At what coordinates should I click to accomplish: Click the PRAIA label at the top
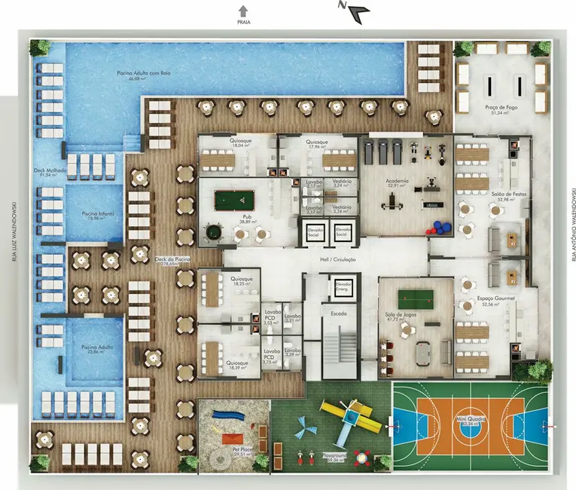(x=242, y=22)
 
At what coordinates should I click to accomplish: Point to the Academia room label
(x=397, y=182)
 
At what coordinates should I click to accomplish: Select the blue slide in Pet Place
(x=224, y=414)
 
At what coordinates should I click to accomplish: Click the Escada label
(x=337, y=310)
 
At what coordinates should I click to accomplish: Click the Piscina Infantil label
(x=98, y=214)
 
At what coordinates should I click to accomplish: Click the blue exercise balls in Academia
(x=439, y=228)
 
